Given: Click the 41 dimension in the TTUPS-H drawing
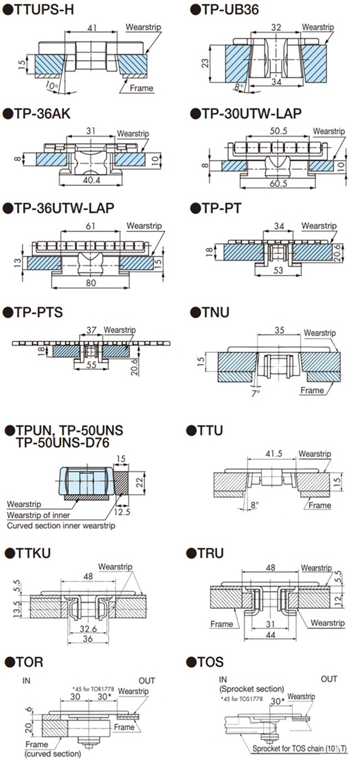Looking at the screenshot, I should point(92,27).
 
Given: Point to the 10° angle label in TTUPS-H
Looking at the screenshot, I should point(52,85).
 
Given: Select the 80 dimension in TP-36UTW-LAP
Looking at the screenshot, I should point(90,282).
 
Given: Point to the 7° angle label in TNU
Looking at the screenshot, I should point(256,393).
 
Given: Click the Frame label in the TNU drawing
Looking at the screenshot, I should point(312,391).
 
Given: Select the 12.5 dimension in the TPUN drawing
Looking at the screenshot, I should point(123,512).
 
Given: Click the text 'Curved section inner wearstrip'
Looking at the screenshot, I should point(61,525).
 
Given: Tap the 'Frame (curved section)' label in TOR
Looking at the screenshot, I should point(53,749).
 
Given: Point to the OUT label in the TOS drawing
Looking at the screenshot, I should point(329,679).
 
